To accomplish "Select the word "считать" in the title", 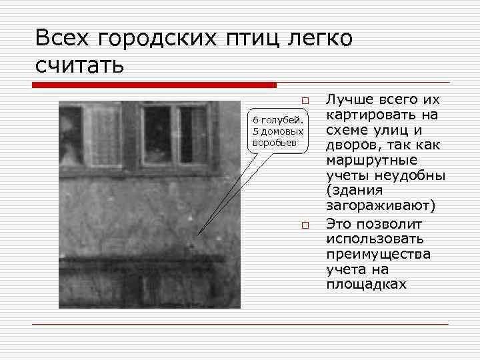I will [79, 65].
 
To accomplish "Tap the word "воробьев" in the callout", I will [275, 143].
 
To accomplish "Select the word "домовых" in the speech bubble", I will [282, 131].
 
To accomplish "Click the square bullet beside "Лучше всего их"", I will [305, 101].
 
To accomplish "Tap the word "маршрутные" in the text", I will [370, 161].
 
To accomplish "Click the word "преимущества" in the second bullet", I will [377, 253].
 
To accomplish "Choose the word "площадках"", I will [366, 284].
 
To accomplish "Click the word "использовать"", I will [374, 238].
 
